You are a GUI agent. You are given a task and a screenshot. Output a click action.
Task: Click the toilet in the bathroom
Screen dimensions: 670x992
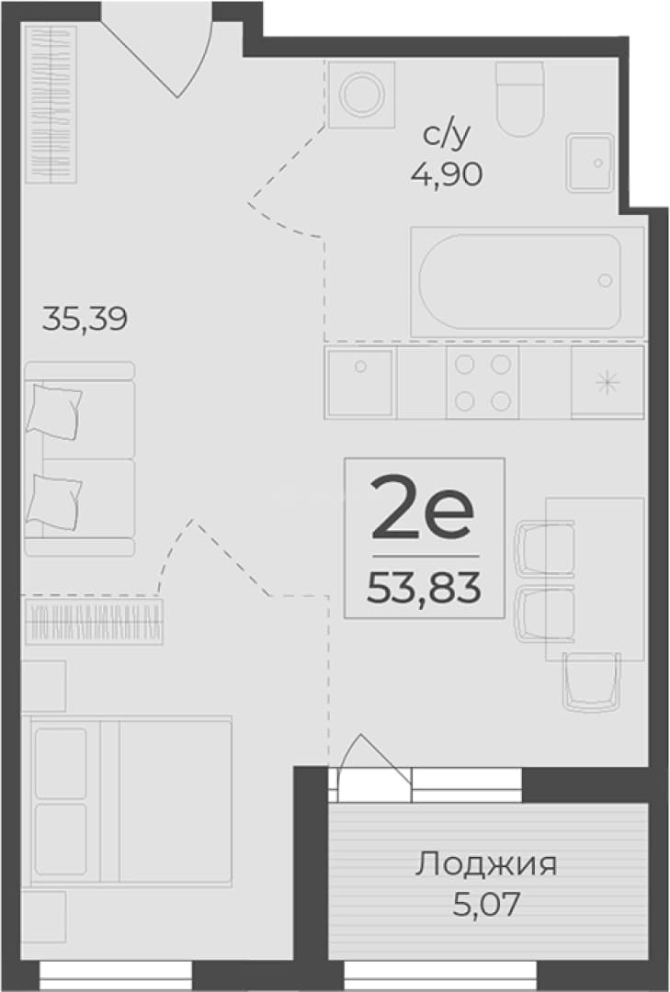[520, 98]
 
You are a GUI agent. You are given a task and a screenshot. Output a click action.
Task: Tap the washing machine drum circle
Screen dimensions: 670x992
[361, 95]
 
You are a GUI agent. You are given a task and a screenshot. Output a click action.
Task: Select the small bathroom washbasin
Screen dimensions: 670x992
[589, 163]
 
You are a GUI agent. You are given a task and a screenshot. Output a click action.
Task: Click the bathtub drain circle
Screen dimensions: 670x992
[606, 280]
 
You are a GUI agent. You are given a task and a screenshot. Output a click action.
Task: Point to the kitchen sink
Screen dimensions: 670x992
[360, 382]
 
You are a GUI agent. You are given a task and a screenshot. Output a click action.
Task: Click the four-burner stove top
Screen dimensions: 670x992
[483, 382]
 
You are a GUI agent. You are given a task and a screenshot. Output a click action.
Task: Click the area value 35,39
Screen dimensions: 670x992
[85, 319]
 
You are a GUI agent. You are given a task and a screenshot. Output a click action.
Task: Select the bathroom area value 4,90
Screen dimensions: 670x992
[447, 174]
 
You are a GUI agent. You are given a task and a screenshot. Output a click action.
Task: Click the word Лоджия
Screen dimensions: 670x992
[486, 865]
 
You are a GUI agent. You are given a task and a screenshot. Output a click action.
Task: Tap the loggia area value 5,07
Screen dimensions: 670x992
[486, 905]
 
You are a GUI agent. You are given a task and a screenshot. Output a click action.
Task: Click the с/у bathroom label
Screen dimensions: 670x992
[447, 136]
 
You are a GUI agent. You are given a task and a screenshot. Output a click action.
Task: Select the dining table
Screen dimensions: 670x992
[595, 579]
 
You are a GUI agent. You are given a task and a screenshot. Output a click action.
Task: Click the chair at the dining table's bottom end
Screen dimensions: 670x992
[591, 682]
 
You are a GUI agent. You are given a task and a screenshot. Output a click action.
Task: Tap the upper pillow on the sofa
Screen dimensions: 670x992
[54, 411]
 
